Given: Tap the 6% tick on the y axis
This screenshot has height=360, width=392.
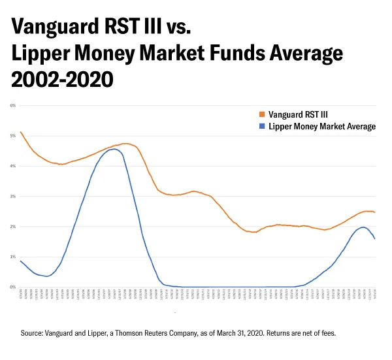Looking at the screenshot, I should point(13,105).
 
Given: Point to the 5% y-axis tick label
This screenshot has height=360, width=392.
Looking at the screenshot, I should point(13,136).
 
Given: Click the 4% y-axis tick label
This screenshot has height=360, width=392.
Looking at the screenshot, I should point(13,166).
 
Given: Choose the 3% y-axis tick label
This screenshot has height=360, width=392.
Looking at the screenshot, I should point(13,196).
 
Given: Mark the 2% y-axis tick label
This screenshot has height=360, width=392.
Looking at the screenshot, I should point(13,226).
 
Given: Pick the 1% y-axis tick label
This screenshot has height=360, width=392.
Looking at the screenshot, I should point(13,257).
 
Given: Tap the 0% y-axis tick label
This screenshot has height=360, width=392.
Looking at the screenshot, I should point(13,287).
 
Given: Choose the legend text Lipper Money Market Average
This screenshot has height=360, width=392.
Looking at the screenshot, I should point(322,127).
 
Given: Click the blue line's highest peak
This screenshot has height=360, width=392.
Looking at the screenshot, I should point(114,149).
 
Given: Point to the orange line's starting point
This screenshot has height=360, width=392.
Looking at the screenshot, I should point(21,132).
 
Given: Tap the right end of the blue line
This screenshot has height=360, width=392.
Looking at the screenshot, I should point(374,238).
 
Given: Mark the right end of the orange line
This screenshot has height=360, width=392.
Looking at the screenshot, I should point(374,212).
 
